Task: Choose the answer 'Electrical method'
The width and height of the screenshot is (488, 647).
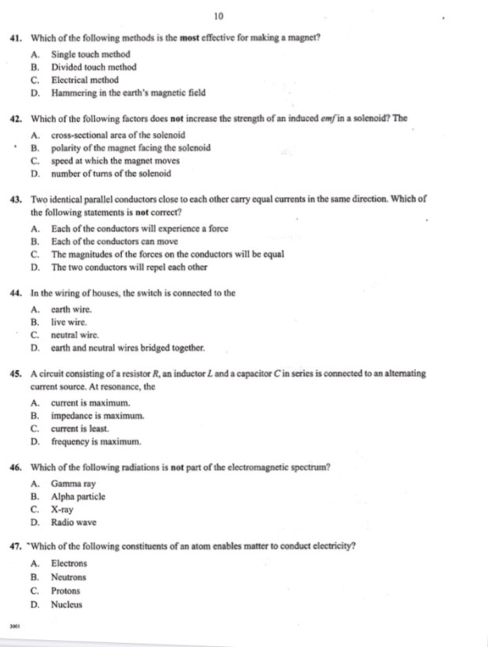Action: click(85, 80)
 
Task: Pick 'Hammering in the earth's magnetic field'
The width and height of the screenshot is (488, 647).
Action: click(128, 93)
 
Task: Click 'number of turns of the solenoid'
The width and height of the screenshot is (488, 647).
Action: click(110, 173)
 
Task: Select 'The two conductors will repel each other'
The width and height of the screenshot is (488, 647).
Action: click(131, 268)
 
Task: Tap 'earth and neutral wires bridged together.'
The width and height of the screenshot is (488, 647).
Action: click(128, 347)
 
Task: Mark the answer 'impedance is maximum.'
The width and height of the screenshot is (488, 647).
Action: click(97, 416)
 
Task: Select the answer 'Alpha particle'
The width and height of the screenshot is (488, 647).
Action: click(78, 497)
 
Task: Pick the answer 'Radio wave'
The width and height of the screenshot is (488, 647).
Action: click(74, 523)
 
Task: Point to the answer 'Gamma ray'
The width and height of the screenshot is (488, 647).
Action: click(74, 483)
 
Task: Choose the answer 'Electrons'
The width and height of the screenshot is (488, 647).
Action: click(70, 564)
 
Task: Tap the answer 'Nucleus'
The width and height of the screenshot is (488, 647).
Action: click(67, 605)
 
